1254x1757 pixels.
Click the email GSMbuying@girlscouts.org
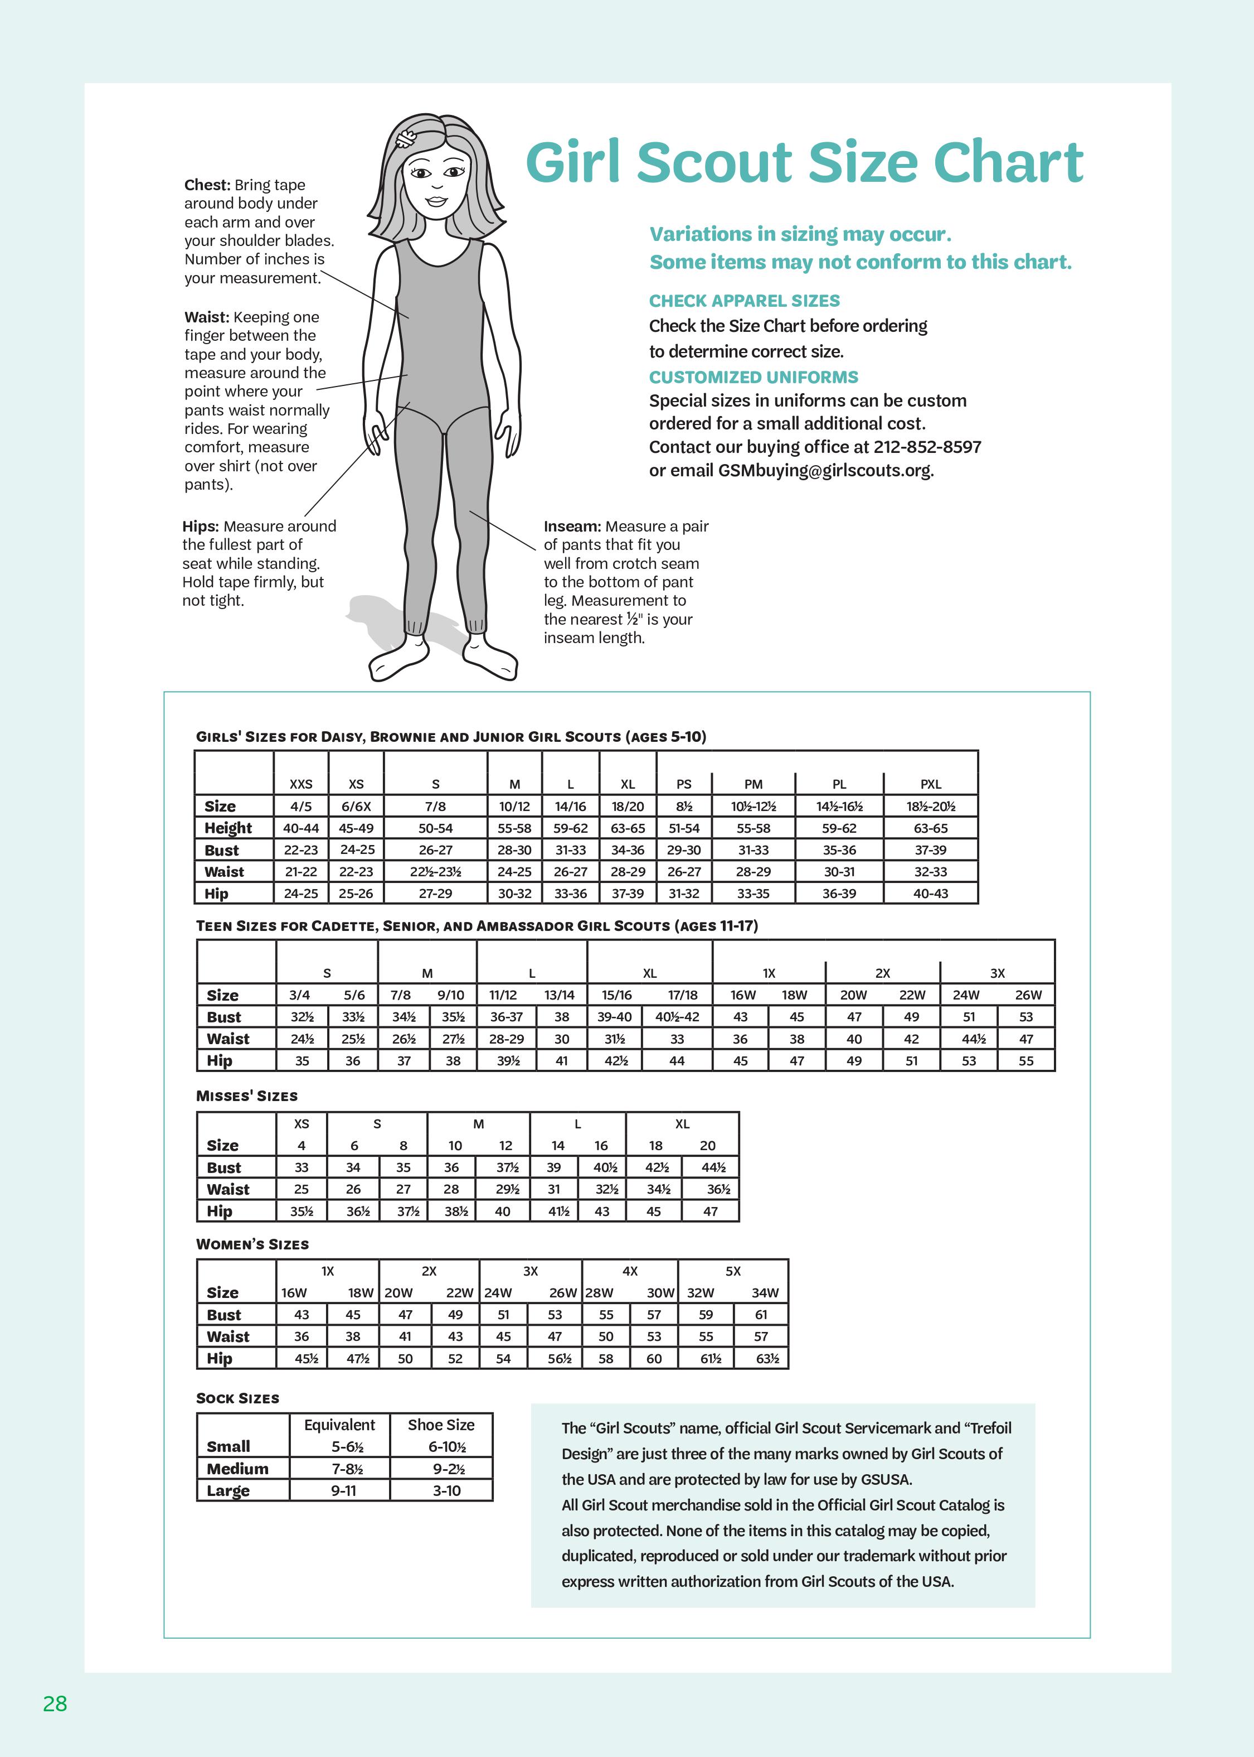825,471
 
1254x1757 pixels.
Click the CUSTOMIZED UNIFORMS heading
753,377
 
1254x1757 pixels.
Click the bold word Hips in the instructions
200,526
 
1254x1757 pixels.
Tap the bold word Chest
207,185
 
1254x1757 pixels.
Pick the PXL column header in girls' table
930,784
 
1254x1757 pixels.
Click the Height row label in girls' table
228,828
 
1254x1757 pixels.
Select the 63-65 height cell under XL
628,828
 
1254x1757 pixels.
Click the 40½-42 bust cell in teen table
677,1017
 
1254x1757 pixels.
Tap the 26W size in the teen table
1028,995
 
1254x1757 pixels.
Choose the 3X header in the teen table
997,973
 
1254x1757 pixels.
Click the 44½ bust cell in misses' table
713,1167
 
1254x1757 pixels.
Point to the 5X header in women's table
733,1271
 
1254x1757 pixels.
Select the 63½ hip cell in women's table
767,1358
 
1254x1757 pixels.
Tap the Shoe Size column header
441,1425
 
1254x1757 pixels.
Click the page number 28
55,1703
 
